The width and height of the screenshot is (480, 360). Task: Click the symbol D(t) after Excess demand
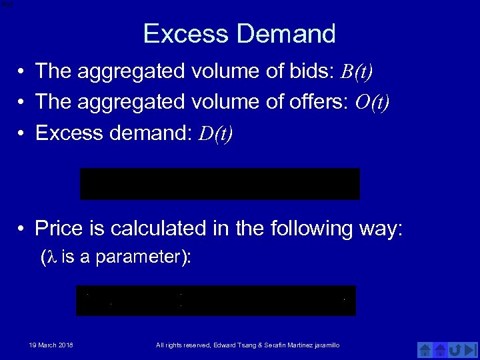[x=216, y=134]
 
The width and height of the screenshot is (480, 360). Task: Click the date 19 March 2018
[x=51, y=345]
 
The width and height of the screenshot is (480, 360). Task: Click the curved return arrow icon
[x=456, y=349]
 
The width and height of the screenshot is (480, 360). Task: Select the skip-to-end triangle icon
[x=471, y=349]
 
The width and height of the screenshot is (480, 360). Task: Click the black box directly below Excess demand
[x=219, y=184]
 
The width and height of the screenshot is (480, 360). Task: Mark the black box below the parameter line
[x=216, y=301]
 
